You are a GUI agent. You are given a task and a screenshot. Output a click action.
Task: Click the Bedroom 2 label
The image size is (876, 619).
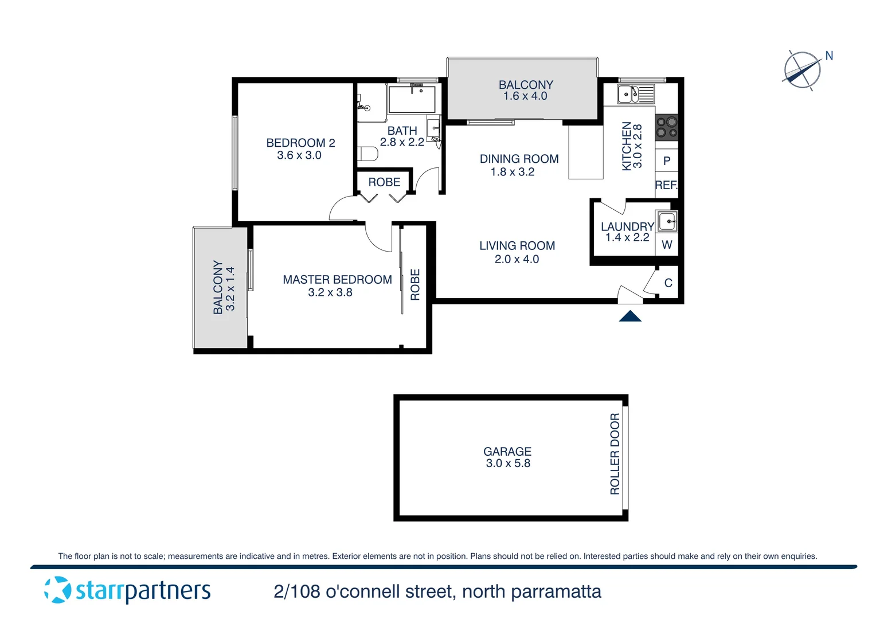click(300, 143)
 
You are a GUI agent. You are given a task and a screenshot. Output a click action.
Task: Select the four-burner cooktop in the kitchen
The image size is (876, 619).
click(666, 127)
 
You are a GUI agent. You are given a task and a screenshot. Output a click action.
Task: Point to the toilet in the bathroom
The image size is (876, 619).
click(367, 154)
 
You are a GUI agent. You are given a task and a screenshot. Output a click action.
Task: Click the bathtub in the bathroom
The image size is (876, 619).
click(412, 99)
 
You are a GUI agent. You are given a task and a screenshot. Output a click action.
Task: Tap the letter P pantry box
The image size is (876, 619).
click(666, 161)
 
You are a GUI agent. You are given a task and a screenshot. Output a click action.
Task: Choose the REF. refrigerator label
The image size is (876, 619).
click(666, 185)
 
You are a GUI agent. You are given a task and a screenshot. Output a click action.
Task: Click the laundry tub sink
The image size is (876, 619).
click(667, 221)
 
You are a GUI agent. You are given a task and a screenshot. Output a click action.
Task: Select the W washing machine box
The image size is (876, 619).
click(667, 245)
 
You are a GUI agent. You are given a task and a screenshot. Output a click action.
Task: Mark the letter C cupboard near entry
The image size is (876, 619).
click(668, 283)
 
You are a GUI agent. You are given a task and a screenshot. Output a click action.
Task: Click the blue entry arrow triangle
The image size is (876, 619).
click(630, 316)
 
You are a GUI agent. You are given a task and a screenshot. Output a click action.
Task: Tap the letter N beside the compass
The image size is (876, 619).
click(829, 56)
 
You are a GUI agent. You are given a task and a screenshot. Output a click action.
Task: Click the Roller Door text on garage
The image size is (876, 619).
click(615, 454)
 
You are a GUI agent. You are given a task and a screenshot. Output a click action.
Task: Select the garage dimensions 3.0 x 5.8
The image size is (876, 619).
click(508, 464)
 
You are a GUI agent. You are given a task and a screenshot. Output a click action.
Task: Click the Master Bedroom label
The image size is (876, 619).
click(337, 280)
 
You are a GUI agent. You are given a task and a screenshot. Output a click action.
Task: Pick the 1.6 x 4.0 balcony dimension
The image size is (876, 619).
click(525, 96)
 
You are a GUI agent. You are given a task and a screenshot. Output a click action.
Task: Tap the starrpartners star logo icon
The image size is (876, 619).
click(57, 590)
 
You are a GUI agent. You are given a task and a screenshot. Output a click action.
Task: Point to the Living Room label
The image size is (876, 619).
click(517, 246)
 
